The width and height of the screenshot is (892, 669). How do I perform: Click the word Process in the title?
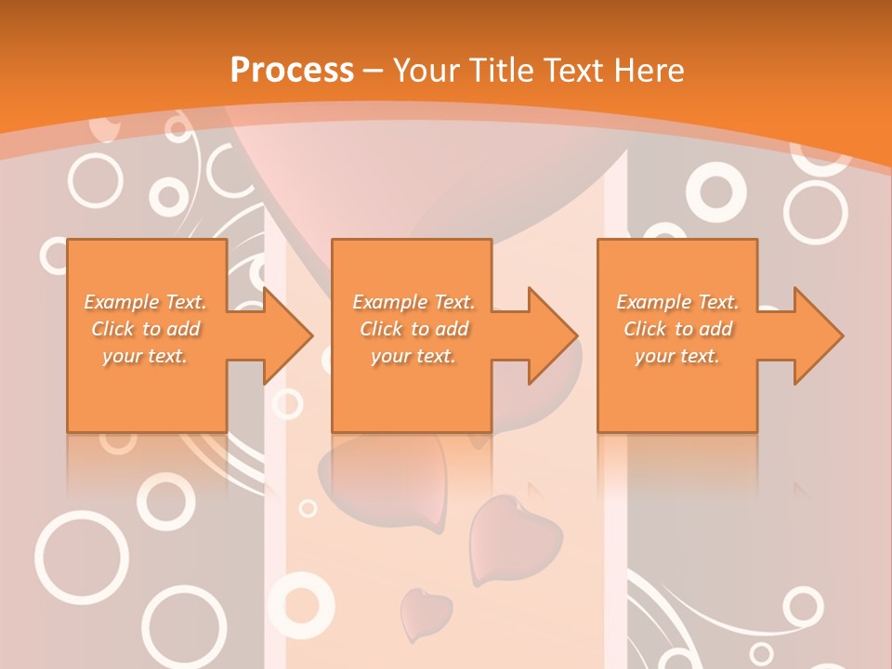tap(292, 70)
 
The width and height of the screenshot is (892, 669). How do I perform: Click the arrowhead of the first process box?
tap(288, 335)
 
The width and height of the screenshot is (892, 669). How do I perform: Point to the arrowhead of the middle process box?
tap(553, 335)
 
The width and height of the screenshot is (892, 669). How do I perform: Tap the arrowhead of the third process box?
tap(819, 335)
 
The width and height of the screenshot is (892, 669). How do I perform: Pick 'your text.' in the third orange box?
tap(677, 356)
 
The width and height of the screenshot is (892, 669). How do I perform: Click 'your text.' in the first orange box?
tap(145, 356)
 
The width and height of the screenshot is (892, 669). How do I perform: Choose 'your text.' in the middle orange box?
tap(413, 356)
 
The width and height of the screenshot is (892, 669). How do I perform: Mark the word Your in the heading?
tap(426, 70)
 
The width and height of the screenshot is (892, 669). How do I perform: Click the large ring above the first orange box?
tap(96, 180)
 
